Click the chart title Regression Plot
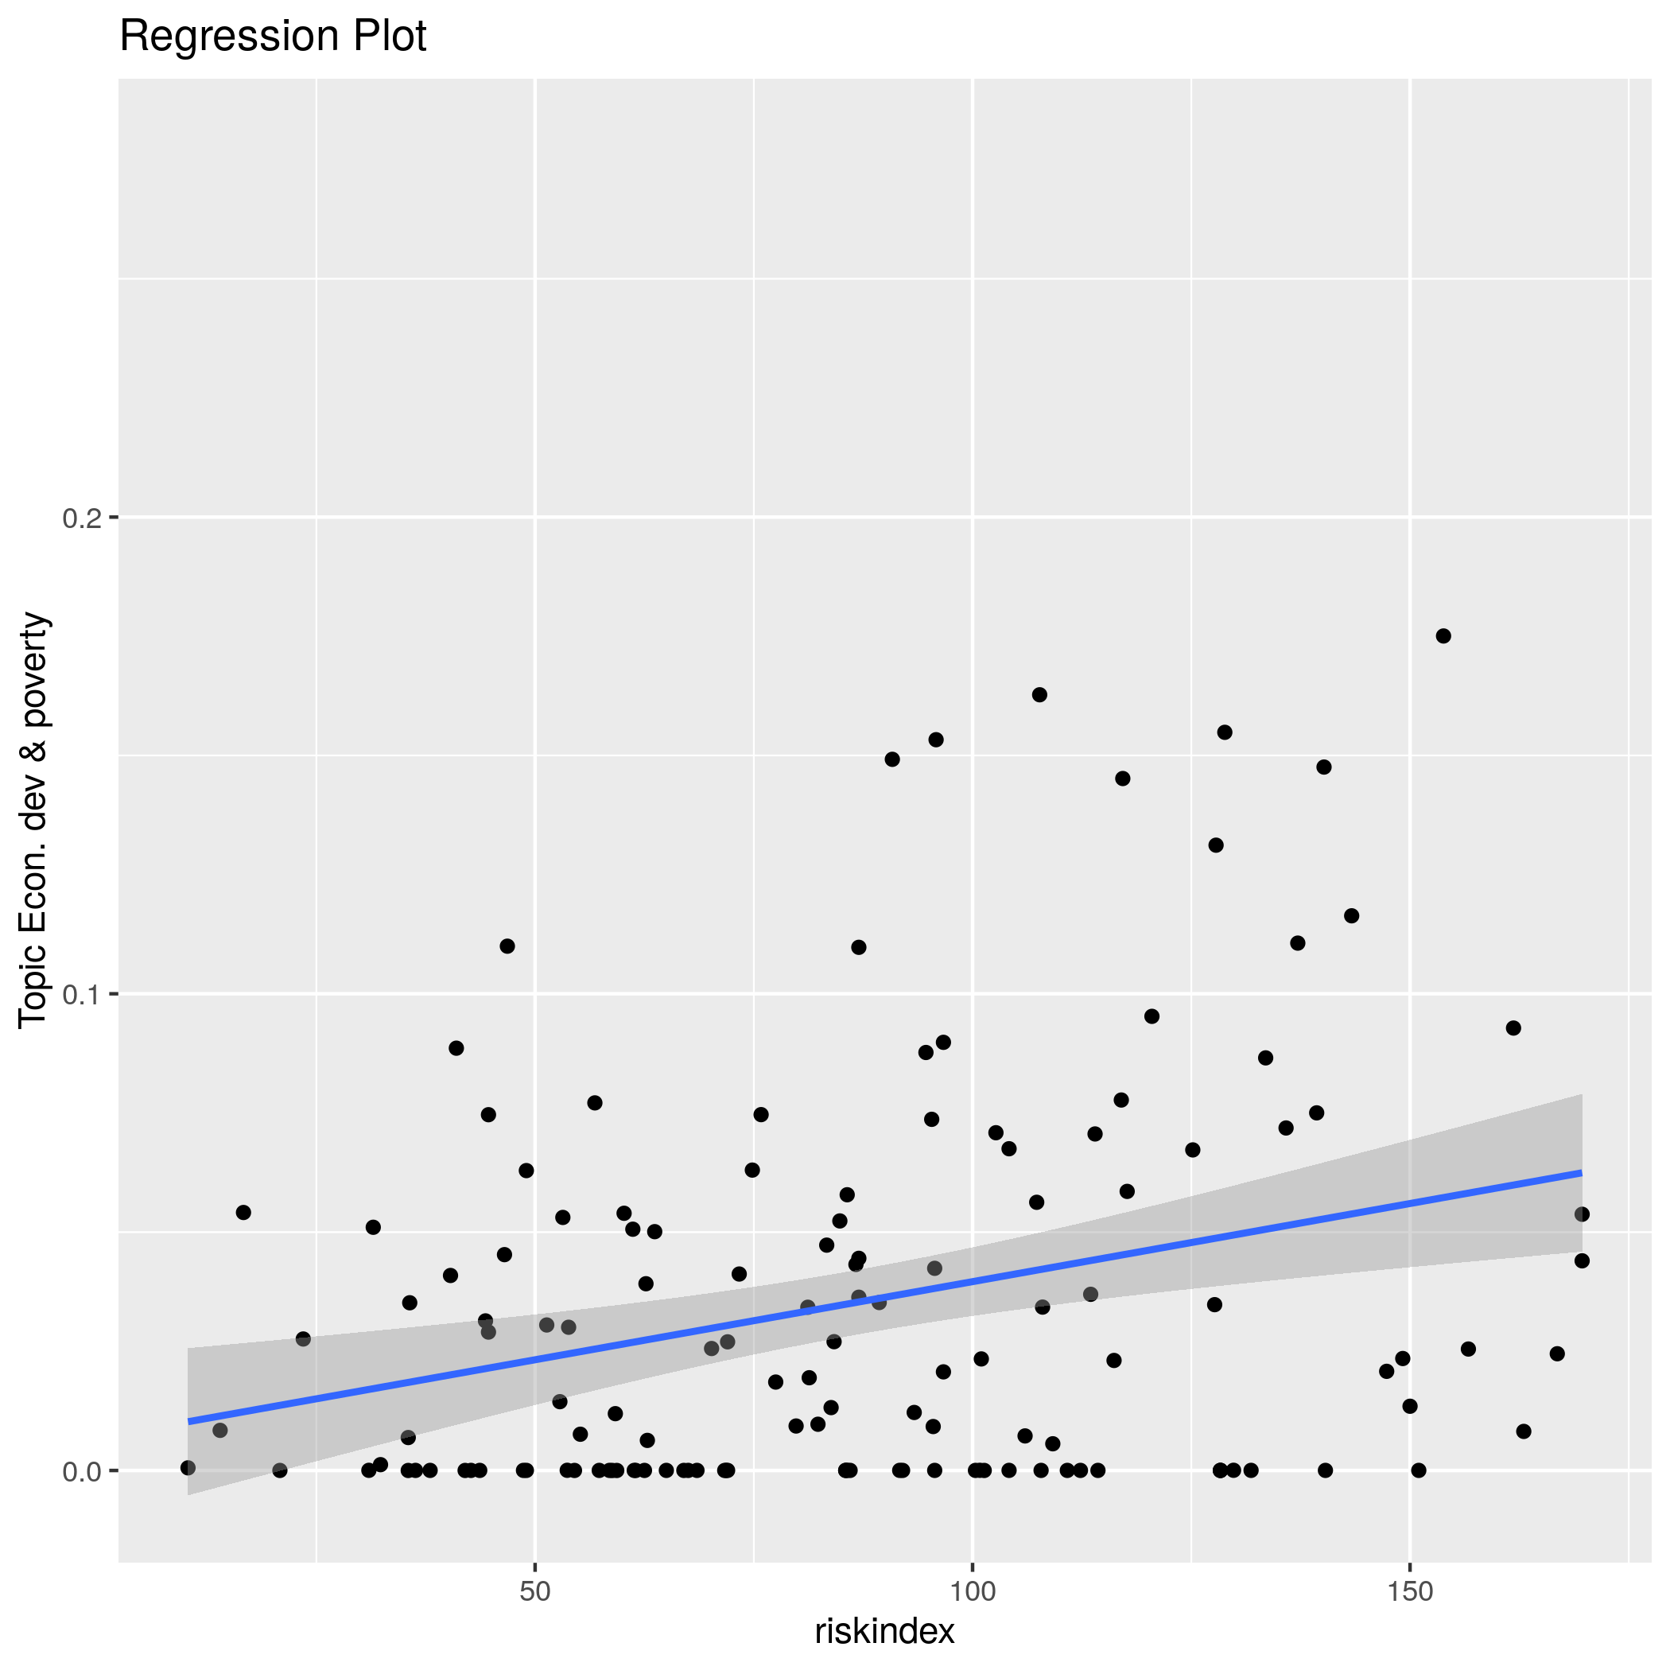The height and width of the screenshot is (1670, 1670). click(x=272, y=37)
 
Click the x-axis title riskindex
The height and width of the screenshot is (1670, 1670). click(x=884, y=1631)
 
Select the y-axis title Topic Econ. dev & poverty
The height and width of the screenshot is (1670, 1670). click(x=33, y=819)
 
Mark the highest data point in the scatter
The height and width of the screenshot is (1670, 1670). click(x=1443, y=636)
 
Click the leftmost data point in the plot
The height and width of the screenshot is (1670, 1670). click(x=188, y=1468)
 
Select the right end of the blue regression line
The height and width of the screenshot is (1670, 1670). click(x=1581, y=1173)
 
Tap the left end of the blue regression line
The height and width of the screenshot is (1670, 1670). click(x=189, y=1422)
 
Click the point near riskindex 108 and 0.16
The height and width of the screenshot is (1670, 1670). click(x=1040, y=695)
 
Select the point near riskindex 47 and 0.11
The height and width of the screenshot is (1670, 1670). click(x=507, y=946)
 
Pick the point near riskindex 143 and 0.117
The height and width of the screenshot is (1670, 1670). click(x=1352, y=915)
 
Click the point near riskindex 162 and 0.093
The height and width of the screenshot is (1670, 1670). click(x=1513, y=1027)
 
